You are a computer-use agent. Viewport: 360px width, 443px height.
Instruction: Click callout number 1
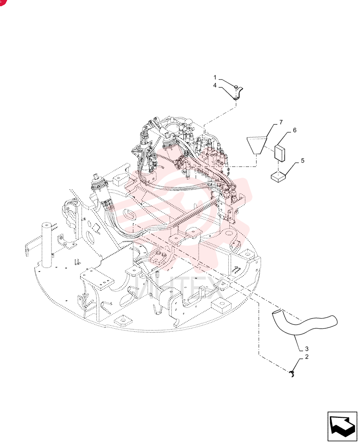pyautogui.click(x=215, y=78)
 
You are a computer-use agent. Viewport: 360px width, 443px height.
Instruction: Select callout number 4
pyautogui.click(x=215, y=85)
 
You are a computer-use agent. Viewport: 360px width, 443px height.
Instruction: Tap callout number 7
pyautogui.click(x=281, y=122)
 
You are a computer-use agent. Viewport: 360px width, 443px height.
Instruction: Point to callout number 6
pyautogui.click(x=294, y=130)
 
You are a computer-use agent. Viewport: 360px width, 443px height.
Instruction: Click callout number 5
pyautogui.click(x=303, y=160)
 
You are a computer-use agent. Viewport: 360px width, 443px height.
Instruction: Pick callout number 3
pyautogui.click(x=306, y=349)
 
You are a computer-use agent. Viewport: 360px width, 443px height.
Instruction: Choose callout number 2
pyautogui.click(x=306, y=357)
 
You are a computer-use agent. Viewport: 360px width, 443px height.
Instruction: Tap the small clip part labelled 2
pyautogui.click(x=292, y=374)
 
